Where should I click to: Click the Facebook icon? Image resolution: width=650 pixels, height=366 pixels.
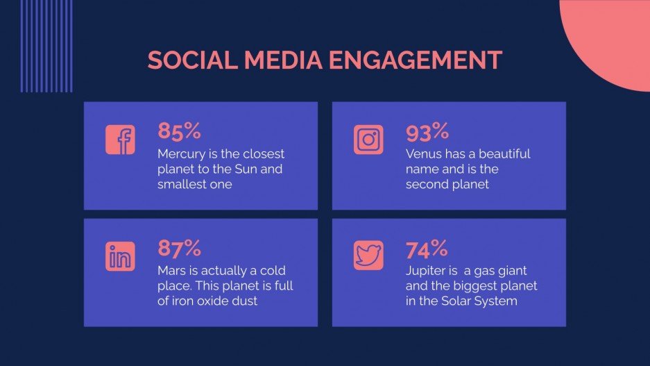click(120, 140)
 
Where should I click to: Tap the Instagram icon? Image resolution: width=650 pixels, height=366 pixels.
click(368, 140)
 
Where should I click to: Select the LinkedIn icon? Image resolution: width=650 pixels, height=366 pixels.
click(120, 256)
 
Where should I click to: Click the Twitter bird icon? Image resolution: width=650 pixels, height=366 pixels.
click(368, 256)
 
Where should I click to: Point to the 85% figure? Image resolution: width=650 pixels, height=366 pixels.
click(179, 131)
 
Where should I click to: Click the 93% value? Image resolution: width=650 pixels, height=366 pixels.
click(427, 131)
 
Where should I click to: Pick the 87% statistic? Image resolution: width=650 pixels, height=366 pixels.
click(179, 247)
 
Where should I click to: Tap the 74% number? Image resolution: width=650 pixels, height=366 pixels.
click(427, 247)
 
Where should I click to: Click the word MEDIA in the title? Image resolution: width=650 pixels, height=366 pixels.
click(283, 60)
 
